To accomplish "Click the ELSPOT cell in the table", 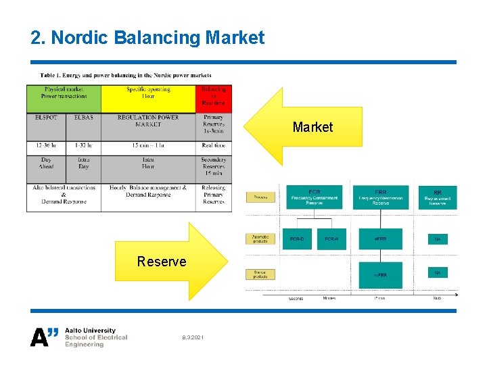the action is point(46,118).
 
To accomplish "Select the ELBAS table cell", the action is point(84,118).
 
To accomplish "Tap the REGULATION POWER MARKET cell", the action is point(148,121).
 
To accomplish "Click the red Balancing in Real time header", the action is point(214,99).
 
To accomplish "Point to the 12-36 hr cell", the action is point(46,145).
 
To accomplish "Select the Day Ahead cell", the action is point(46,163).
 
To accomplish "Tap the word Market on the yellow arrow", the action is point(312,127).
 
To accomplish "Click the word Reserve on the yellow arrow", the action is point(162,262).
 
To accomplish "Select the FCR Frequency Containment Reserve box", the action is point(315,198).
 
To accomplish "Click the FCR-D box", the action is point(297,239).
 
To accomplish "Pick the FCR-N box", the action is point(331,239).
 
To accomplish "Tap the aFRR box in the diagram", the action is point(379,239).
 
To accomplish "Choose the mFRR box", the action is point(379,275).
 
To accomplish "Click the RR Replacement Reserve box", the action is point(438,198).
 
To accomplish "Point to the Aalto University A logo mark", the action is point(45,337).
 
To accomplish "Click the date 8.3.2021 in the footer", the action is point(192,337).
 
